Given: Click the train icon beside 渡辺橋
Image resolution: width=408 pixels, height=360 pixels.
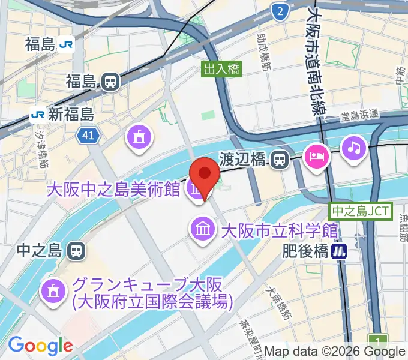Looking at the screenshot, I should point(278,159).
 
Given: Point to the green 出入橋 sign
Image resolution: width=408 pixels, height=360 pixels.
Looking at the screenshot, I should point(222,69).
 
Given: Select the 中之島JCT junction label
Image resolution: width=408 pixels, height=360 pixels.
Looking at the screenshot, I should point(361,211).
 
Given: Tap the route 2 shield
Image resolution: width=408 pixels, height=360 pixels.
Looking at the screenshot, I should point(278,11).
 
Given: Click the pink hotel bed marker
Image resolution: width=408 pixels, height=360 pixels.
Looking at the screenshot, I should point(316,157).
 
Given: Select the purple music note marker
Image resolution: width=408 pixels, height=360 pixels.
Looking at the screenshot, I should point(354,147).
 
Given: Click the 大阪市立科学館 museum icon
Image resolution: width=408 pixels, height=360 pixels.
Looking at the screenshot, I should point(202,229).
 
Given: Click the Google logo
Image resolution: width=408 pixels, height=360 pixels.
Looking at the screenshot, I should point(40,346).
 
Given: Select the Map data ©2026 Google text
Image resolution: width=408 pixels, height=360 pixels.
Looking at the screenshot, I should point(334,352).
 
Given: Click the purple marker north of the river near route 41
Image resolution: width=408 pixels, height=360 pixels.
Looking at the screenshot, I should point(140,137).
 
